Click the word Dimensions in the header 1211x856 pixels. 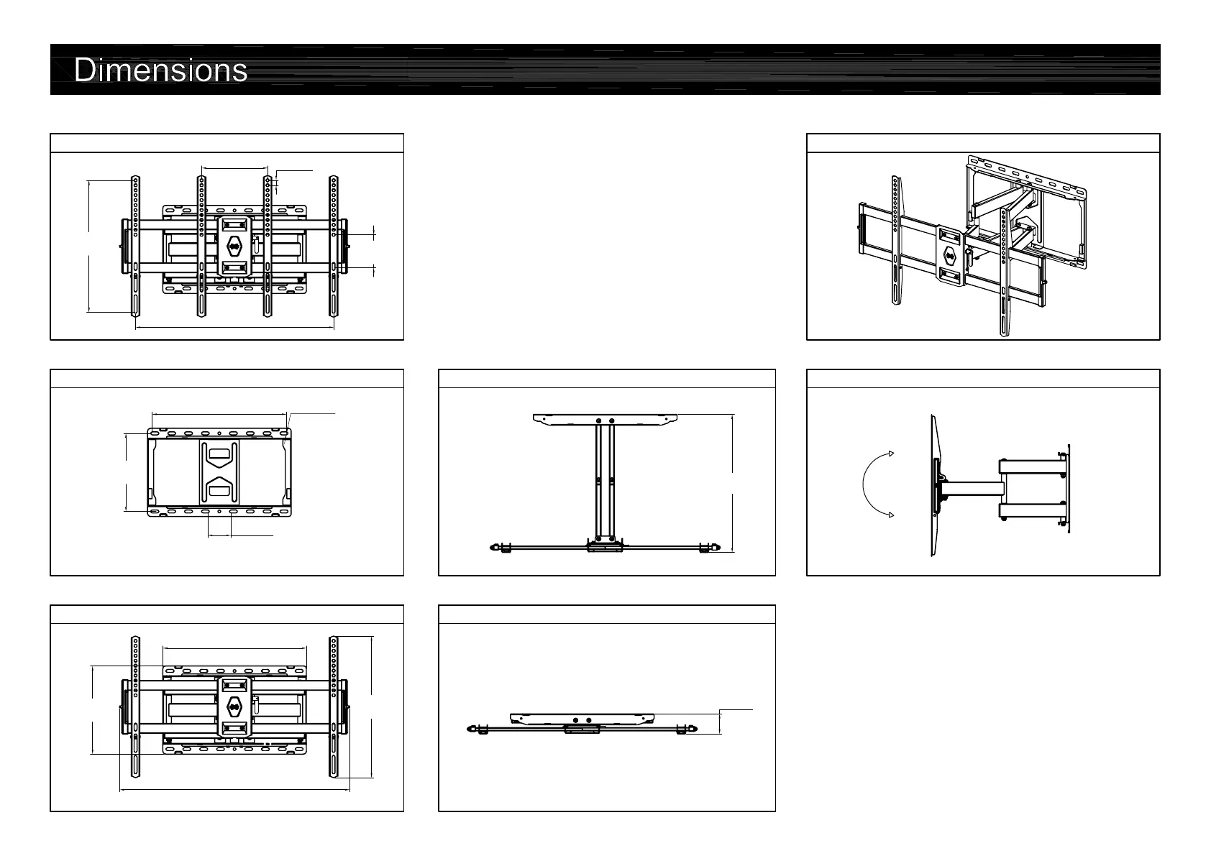tap(161, 70)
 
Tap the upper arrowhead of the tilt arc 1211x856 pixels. tap(890, 454)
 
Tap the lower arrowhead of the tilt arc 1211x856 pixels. tap(890, 514)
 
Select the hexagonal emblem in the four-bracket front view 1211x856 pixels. tap(234, 245)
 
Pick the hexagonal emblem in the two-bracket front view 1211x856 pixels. tap(234, 707)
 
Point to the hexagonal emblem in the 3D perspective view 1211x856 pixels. tap(949, 255)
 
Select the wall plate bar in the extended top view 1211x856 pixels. tap(605, 418)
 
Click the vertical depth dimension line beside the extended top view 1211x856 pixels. tap(732, 483)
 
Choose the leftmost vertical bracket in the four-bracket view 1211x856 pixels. tap(134, 246)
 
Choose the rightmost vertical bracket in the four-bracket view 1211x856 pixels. tap(334, 246)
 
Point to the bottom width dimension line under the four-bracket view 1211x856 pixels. tap(234, 327)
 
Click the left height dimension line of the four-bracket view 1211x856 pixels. tap(88, 246)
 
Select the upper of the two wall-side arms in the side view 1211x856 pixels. tap(1030, 466)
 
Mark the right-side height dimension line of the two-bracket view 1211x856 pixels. tap(372, 707)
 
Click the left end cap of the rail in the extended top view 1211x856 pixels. tap(495, 548)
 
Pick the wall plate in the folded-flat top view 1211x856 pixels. tap(582, 718)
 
